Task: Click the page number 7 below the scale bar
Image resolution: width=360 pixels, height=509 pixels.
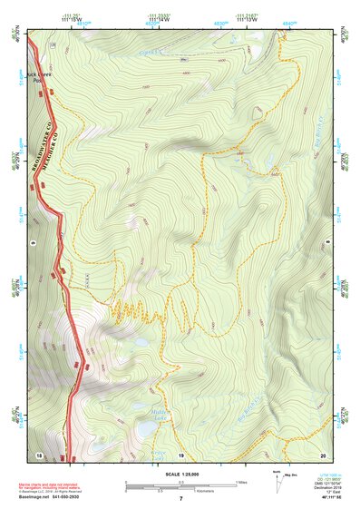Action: coord(180,500)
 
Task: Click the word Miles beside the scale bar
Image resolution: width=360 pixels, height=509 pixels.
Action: coord(241,482)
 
